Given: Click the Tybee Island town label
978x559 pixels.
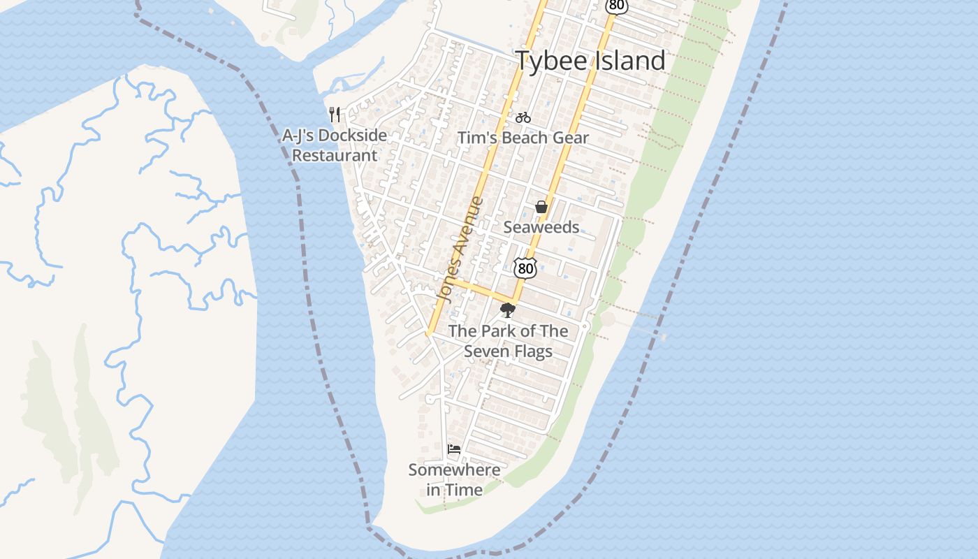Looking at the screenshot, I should point(590,61).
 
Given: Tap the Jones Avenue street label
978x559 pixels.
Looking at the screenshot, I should point(459,249).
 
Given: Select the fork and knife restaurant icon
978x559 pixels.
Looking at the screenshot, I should point(335,115).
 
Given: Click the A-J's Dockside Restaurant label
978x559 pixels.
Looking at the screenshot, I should point(334,145).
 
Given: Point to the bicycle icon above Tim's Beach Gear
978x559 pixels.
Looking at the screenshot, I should point(523,117).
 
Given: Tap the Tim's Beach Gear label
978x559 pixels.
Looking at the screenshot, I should point(523,138).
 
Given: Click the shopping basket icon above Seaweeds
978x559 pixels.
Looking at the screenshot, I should point(541,207).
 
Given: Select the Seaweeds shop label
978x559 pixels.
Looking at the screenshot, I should point(541,227).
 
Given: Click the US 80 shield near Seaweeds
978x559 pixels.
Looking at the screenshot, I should point(525,267).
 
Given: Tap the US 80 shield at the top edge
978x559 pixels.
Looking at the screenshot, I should point(616,6).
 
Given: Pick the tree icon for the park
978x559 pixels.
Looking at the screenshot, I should point(508,310).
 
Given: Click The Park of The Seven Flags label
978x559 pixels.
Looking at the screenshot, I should point(508,341).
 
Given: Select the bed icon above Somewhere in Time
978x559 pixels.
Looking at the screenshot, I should point(454,449).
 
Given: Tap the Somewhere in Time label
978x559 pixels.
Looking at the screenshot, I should point(454,480).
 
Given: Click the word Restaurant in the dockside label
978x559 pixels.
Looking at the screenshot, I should point(334,155).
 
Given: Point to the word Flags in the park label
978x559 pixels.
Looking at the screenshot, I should point(533,351).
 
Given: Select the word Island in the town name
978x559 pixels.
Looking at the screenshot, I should point(629,61).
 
